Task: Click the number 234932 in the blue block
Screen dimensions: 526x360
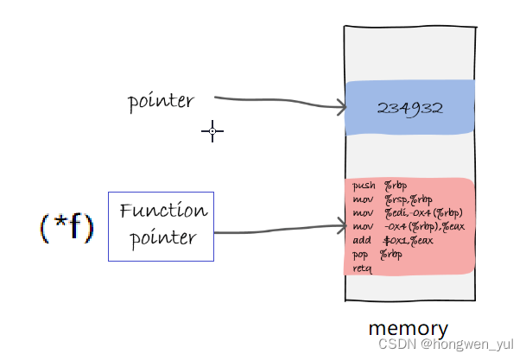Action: [410, 108]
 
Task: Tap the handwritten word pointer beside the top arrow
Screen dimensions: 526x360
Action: [161, 101]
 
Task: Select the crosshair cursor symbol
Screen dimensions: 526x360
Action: [212, 131]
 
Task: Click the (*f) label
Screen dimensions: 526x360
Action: [67, 227]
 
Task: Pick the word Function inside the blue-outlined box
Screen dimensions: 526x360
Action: [164, 210]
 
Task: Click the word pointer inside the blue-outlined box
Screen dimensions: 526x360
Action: [162, 238]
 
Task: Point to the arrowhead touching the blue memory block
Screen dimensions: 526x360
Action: [342, 107]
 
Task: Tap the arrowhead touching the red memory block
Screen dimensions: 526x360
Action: [342, 225]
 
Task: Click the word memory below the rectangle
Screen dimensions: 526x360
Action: [409, 329]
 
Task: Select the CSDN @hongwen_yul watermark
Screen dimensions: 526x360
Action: [446, 344]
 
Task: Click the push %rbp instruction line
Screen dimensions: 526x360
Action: [379, 186]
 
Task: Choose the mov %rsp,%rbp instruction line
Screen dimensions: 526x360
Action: [392, 199]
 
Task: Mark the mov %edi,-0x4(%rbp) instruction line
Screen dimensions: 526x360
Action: [408, 213]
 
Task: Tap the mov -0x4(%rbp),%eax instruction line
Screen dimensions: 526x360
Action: [409, 227]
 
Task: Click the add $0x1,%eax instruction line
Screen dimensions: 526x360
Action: [393, 240]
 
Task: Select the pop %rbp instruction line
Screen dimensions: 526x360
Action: [377, 255]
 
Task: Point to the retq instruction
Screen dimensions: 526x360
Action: [362, 268]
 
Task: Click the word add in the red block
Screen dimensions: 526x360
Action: [362, 240]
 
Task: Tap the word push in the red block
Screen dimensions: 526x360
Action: [364, 186]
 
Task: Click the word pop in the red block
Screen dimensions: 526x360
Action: [360, 256]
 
